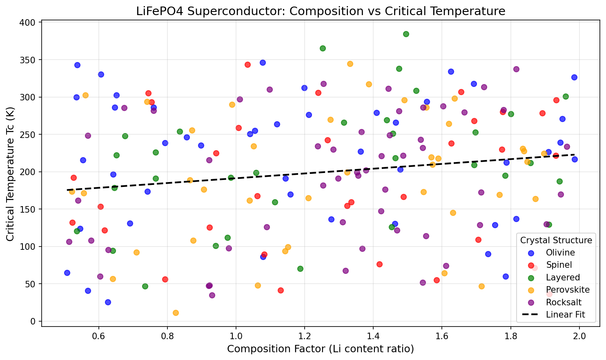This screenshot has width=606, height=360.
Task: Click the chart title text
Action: pos(321,11)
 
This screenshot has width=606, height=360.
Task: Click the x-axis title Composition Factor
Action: pos(321,349)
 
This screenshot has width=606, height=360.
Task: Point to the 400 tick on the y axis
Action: pos(28,22)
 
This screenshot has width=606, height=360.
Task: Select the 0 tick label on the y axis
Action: pos(33,321)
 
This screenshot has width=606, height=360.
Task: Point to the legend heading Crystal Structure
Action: pos(556,240)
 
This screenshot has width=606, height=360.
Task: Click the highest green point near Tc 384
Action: pos(406,34)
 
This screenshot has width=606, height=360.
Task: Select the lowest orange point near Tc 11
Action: pos(176,313)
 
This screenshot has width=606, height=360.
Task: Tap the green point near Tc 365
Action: pos(323,48)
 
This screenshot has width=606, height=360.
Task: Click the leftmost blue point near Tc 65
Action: pos(67,273)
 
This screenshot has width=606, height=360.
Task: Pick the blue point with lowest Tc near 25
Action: pos(108,302)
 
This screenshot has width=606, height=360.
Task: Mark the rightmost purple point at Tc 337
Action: pos(516,69)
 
